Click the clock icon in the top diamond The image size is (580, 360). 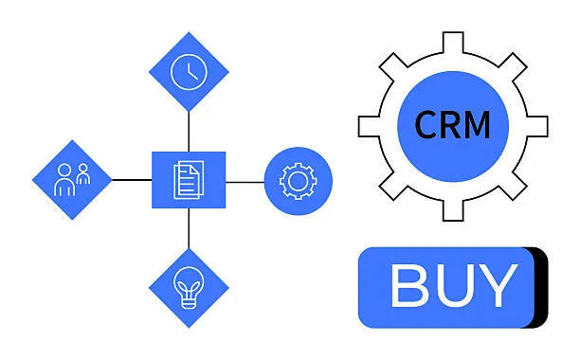pos(189,72)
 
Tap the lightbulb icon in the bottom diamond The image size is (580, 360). pos(189,287)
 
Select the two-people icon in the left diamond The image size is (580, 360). pos(72,180)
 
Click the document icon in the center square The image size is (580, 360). pos(189,180)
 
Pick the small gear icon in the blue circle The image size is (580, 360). pos(298,180)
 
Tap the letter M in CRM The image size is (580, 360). pos(478,125)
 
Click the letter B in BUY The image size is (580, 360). pos(410,285)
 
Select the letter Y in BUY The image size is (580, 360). pos(497,285)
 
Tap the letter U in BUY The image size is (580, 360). pos(453,285)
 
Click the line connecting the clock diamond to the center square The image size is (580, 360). pos(189,131)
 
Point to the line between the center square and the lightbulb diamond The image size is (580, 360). pos(189,228)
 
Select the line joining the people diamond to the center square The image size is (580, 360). pos(132,180)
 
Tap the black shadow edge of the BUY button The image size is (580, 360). pos(543,286)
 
